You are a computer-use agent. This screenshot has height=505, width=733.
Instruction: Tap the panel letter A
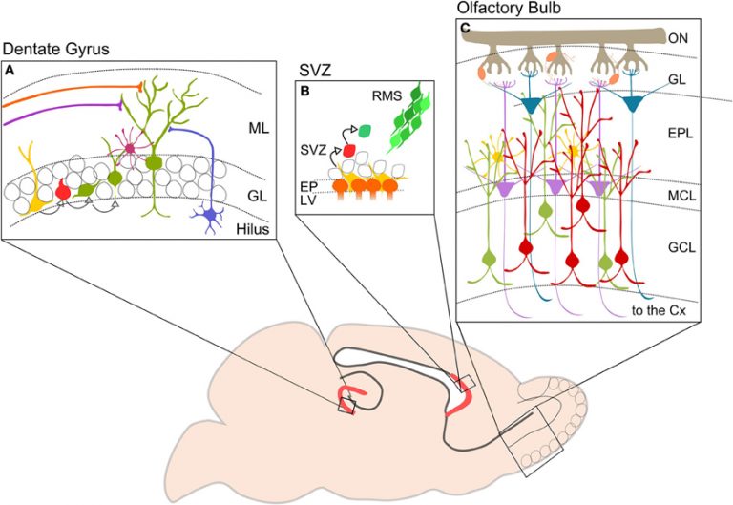pos(10,71)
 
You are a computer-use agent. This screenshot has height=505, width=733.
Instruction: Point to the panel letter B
pos(304,92)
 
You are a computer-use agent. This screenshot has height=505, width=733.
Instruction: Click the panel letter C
pos(466,30)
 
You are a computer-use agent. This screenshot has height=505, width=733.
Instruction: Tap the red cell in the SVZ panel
pos(348,150)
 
